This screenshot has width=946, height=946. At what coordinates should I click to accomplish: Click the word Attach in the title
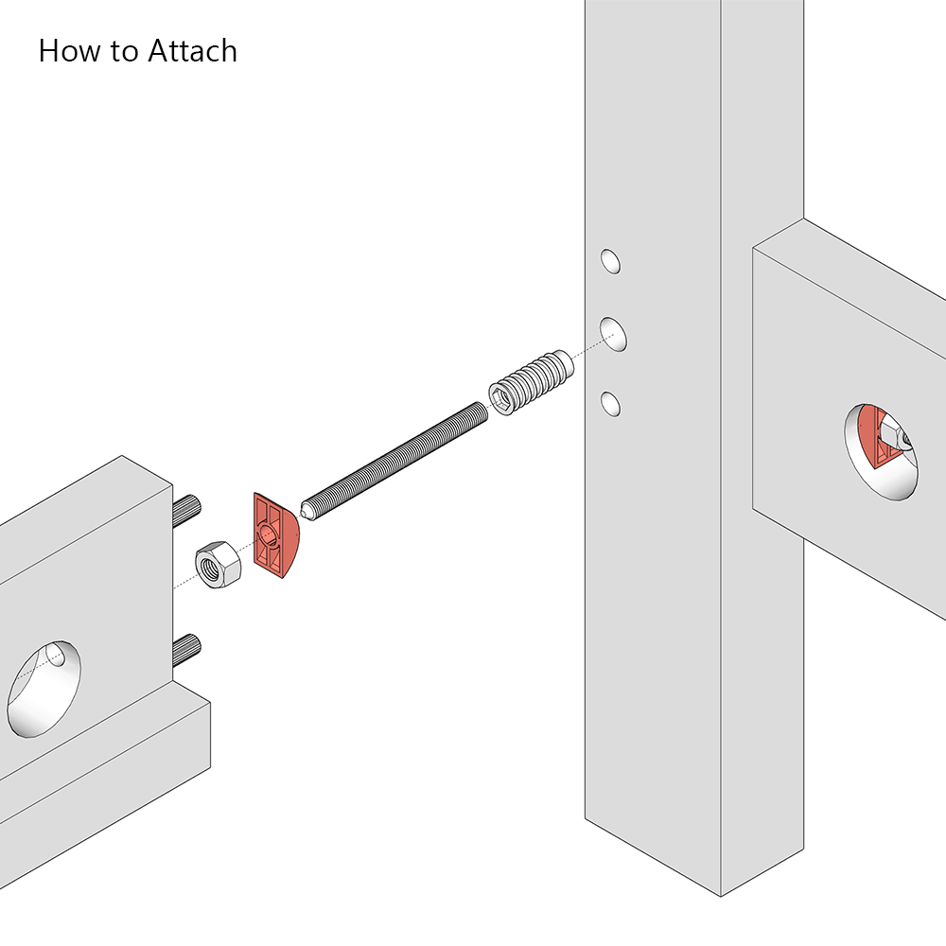(192, 50)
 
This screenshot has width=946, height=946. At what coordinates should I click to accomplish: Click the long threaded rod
(397, 454)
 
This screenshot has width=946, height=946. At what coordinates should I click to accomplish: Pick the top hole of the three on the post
(612, 261)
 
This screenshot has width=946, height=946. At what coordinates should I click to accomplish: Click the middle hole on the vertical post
(615, 334)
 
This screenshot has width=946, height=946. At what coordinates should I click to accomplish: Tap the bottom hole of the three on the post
(611, 405)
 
